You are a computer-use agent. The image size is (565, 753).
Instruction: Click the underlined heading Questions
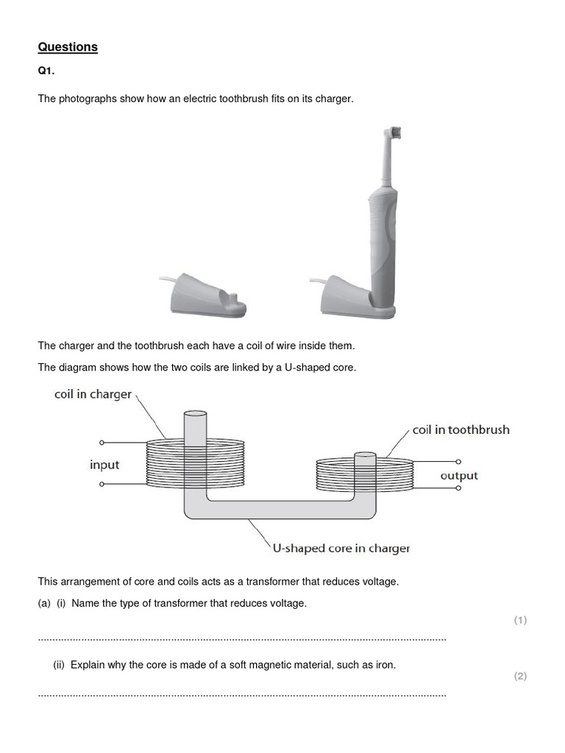(68, 47)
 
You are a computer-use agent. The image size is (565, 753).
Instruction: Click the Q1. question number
(47, 72)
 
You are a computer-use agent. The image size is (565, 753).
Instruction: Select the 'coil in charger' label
(93, 394)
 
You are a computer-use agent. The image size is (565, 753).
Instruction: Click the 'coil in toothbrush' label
(461, 429)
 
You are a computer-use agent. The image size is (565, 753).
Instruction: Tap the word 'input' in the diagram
(104, 465)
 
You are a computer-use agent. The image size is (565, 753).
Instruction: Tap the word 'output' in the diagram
(459, 476)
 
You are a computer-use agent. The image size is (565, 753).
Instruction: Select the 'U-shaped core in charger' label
(341, 548)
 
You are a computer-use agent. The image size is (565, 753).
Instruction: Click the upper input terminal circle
(102, 443)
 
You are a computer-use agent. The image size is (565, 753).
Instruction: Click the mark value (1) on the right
(520, 620)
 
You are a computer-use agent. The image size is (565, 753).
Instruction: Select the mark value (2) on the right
(520, 676)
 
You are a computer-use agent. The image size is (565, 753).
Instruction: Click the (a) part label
(44, 603)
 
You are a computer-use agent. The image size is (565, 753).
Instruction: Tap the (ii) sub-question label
(59, 665)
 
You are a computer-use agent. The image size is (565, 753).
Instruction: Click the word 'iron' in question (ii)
(385, 665)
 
